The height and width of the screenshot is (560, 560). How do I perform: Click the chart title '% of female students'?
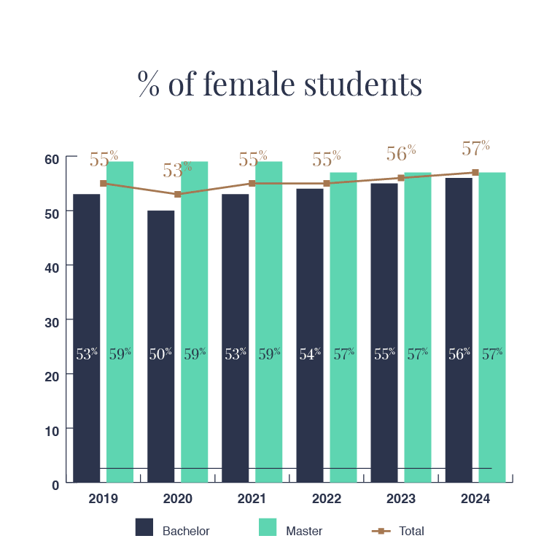coord(280,85)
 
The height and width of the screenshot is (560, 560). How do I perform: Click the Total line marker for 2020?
coord(177,194)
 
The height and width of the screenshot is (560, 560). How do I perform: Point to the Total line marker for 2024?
coord(475,173)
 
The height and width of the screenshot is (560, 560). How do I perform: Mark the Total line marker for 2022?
coord(327,184)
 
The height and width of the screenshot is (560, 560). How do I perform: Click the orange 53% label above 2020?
coord(177,170)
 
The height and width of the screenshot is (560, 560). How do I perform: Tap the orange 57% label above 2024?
coord(475,148)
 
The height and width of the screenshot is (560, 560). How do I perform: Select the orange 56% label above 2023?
coord(401,153)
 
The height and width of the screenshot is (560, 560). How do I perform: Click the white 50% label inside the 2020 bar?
coord(160,354)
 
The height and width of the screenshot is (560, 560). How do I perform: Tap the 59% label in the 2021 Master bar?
coord(269,354)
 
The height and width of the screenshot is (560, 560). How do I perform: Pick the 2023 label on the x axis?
coord(401,499)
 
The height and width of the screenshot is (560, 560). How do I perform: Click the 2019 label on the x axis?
coord(103,499)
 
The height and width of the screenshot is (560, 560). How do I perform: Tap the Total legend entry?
coord(398,530)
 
